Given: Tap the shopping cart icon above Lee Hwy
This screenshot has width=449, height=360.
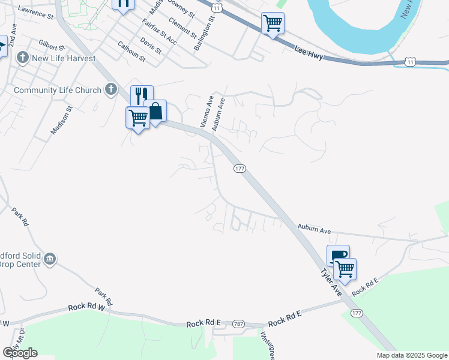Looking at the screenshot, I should (x=273, y=24).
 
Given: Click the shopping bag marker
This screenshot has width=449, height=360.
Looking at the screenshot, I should (x=155, y=112).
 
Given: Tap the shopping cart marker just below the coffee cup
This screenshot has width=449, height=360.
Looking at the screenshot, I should (x=345, y=269).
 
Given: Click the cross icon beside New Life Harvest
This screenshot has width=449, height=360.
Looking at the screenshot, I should (x=23, y=58).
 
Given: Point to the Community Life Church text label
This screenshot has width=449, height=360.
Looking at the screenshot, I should (x=58, y=91).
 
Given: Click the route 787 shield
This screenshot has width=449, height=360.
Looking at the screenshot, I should (x=238, y=323).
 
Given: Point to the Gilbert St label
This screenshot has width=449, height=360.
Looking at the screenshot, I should (x=52, y=47).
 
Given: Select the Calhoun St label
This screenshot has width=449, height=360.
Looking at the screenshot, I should (x=131, y=52).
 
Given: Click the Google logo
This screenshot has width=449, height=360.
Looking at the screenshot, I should (x=19, y=353).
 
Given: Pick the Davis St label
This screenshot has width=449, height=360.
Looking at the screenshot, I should (x=151, y=46).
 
